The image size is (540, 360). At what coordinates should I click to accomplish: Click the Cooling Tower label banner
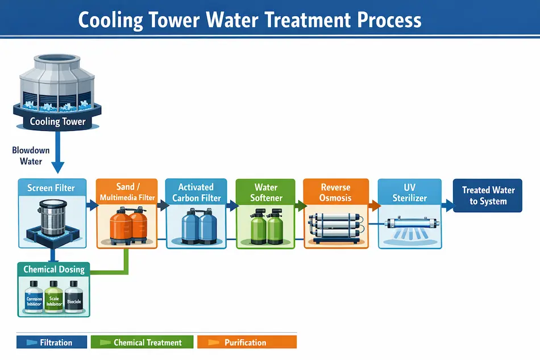[x=57, y=121]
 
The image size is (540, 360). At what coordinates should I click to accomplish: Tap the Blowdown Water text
[x=31, y=156]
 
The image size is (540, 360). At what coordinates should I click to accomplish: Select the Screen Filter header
[x=51, y=188]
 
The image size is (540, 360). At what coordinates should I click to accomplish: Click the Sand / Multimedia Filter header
[x=126, y=192]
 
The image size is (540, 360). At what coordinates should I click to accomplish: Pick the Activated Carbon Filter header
[x=196, y=192]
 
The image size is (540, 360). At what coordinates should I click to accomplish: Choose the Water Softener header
[x=265, y=192]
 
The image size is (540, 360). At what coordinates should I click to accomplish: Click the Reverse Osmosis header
[x=335, y=192]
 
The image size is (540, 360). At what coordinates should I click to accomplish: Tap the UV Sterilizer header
[x=409, y=192]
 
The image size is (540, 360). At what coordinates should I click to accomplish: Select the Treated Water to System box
[x=488, y=196]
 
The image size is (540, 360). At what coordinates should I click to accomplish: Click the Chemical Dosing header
[x=54, y=269]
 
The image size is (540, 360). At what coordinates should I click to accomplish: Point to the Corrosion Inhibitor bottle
[x=35, y=297]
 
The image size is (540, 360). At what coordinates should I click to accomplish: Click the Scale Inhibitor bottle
[x=54, y=297]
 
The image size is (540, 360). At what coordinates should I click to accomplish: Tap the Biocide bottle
[x=74, y=297]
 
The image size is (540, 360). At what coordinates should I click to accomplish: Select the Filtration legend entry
[x=52, y=342]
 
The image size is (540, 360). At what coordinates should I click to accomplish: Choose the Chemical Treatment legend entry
[x=142, y=342]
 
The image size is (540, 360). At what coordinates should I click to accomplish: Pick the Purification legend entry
[x=246, y=342]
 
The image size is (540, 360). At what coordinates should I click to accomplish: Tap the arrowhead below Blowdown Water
[x=57, y=167]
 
